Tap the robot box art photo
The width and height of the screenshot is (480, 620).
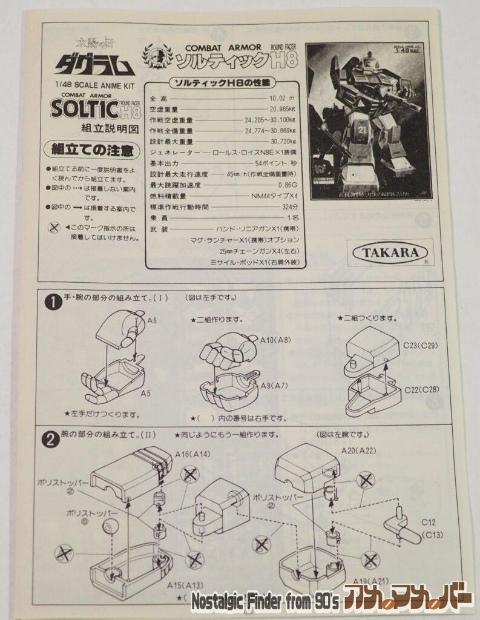pos(369,121)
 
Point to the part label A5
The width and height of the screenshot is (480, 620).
pos(145,394)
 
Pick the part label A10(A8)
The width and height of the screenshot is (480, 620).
pos(275,340)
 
